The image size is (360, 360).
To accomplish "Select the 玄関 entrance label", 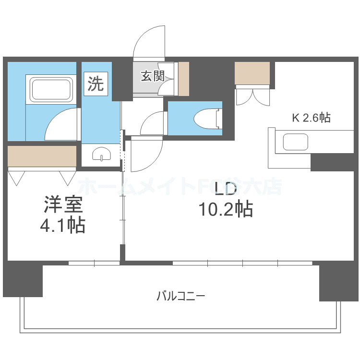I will (152, 76).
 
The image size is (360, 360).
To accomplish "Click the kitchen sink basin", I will (294, 143).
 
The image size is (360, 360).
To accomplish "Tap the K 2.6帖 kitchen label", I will (312, 118).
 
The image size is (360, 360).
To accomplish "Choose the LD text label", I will (225, 189).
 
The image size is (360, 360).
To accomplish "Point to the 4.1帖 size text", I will (63, 225).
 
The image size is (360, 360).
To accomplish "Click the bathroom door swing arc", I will (60, 123).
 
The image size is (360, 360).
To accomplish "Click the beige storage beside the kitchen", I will (252, 73).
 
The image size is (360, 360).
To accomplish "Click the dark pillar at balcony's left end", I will (23, 279).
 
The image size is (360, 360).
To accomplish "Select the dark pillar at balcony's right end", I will (338, 282).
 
